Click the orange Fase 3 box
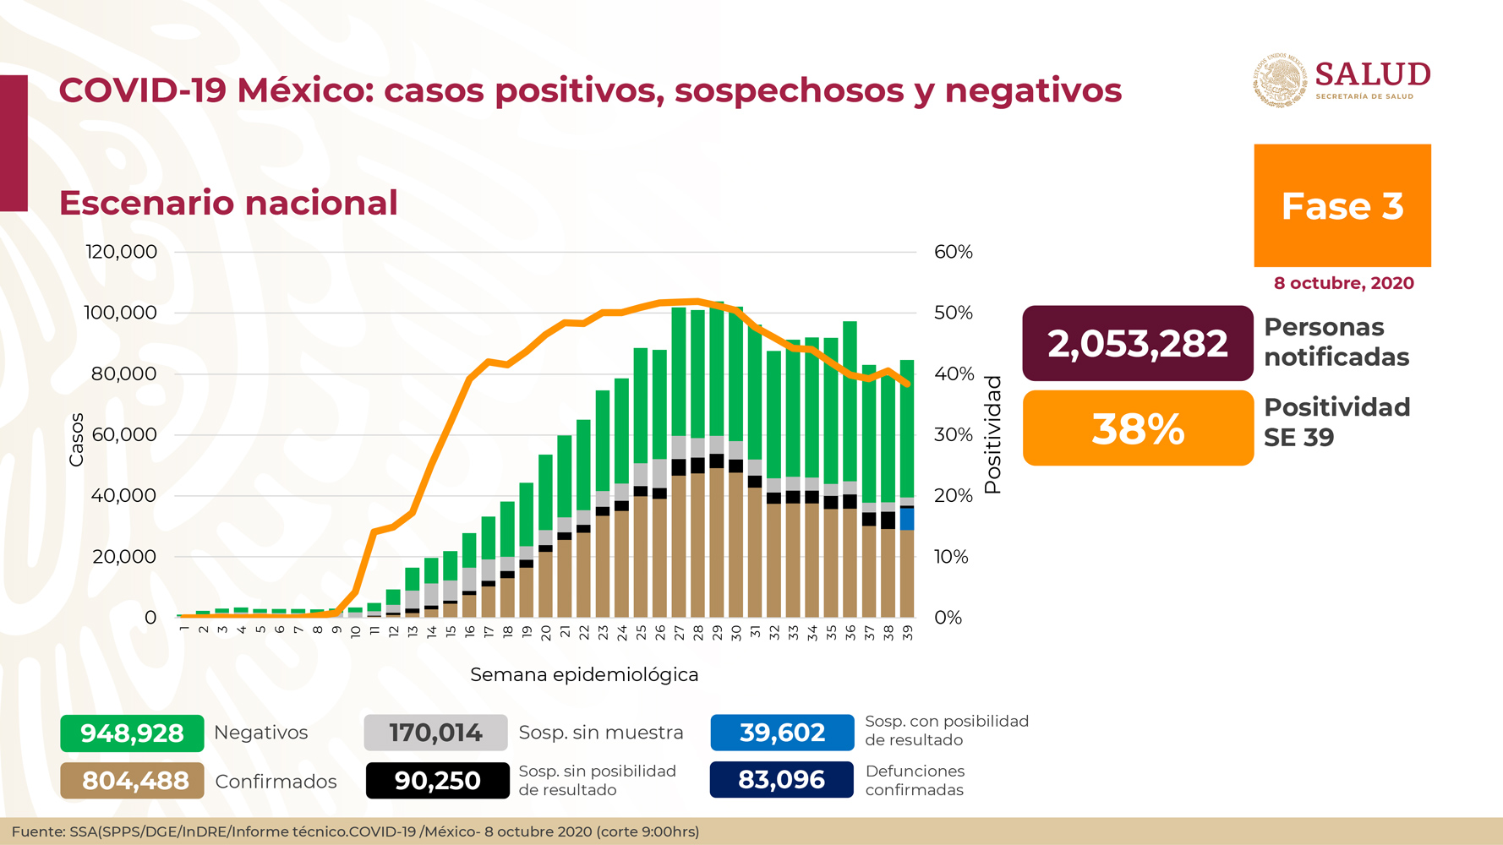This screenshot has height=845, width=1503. tap(1342, 205)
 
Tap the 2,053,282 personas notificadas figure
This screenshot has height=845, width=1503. tap(1137, 343)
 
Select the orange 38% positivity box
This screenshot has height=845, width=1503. tap(1137, 428)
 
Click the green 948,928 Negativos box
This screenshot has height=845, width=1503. tap(132, 733)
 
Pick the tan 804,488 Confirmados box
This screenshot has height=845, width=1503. tap(132, 781)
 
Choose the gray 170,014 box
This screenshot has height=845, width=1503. tap(435, 733)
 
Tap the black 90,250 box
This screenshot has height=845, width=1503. tap(437, 781)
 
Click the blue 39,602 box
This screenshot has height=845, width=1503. tap(782, 733)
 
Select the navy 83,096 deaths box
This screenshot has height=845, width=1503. tap(782, 779)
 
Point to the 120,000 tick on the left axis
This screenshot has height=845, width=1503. tap(122, 252)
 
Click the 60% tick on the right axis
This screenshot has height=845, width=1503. tap(953, 252)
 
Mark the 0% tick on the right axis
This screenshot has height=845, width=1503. tap(948, 618)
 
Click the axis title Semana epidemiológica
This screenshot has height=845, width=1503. tap(584, 674)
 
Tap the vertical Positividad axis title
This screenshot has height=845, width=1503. tap(992, 434)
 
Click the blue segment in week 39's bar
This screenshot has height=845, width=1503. tap(907, 519)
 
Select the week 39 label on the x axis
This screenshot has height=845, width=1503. tap(907, 633)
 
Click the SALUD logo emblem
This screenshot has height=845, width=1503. tap(1279, 81)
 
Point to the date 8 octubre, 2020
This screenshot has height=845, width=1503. tap(1343, 283)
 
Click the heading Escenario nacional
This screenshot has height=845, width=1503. tap(228, 203)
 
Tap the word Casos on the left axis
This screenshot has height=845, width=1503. tap(76, 439)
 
